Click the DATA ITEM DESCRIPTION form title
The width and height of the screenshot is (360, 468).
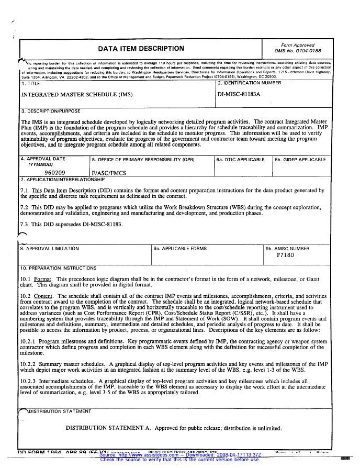141,49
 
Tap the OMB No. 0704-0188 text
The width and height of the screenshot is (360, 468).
298,51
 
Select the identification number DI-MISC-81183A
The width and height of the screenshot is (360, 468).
238,95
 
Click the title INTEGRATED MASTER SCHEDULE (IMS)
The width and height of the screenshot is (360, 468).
77,95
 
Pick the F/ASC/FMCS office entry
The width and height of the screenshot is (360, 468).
109,172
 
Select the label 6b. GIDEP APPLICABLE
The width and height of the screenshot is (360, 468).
300,160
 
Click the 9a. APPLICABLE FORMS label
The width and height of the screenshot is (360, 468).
180,249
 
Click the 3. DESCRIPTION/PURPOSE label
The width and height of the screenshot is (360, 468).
50,111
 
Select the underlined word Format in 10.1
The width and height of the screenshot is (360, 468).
43,280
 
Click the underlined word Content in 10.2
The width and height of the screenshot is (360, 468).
44,295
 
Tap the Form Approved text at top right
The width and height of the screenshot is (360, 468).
298,46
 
